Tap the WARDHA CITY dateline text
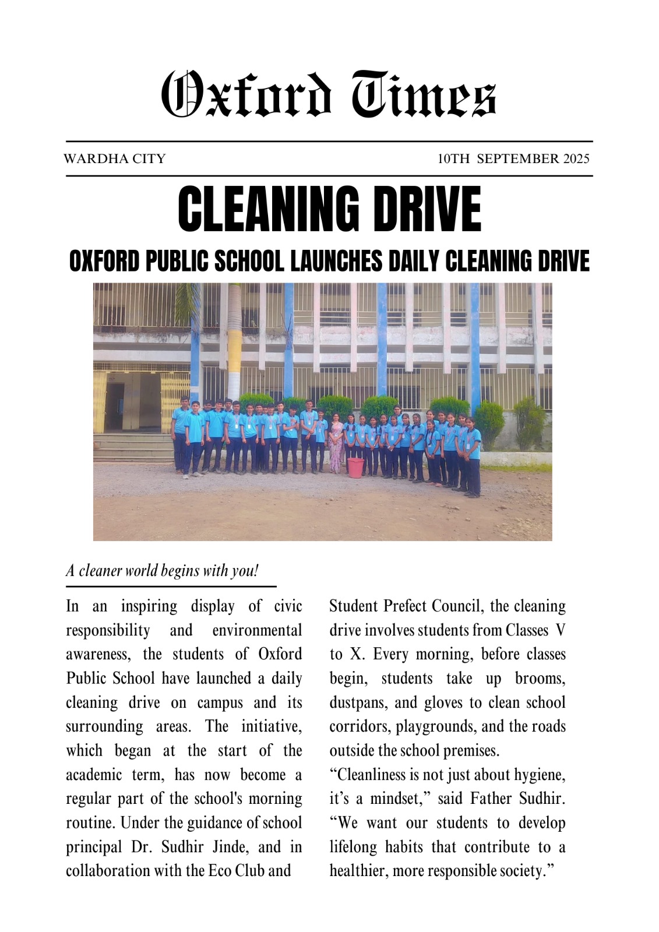click(115, 158)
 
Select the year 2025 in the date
click(576, 158)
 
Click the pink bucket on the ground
click(355, 467)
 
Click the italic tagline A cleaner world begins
click(162, 570)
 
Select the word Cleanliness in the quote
click(376, 775)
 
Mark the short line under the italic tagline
click(171, 586)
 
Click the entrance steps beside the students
click(132, 448)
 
